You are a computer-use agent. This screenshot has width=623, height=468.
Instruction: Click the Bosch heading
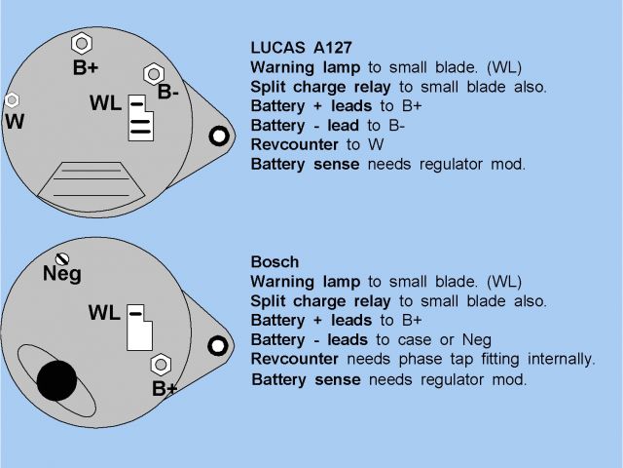pos(275,262)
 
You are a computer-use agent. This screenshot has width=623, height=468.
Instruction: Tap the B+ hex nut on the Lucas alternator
pos(81,44)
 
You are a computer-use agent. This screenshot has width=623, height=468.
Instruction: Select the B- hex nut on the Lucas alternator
pos(153,73)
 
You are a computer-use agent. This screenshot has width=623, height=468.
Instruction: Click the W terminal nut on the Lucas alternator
pos(13,100)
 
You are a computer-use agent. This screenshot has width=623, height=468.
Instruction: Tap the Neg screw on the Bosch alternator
pos(63,259)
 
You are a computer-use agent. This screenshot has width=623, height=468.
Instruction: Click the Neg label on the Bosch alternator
pos(62,275)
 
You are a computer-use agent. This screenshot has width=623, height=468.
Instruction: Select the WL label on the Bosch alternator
pos(104,313)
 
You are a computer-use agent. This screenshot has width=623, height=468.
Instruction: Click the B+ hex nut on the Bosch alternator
pos(160,365)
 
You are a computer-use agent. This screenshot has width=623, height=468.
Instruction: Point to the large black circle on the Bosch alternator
pos(57,380)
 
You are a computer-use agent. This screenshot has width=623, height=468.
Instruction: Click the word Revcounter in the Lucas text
pos(295,144)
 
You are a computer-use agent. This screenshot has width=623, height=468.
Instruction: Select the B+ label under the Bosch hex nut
pos(165,389)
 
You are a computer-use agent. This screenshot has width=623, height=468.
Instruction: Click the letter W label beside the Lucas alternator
pos(14,122)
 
